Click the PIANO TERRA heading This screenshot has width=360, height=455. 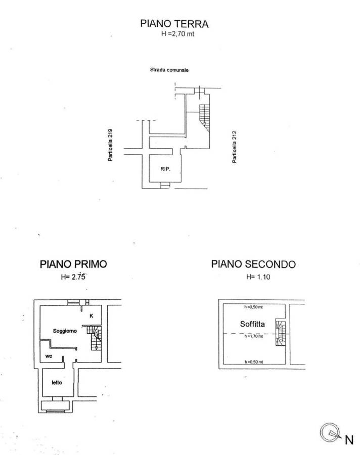[174, 23]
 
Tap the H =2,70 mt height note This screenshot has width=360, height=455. [177, 34]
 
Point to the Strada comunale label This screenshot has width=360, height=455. [169, 70]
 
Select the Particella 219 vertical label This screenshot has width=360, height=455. [110, 145]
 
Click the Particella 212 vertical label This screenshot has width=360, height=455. [234, 147]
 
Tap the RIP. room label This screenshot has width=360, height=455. [165, 169]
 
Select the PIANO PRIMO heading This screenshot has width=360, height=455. [73, 264]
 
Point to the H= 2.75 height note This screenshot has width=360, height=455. [73, 277]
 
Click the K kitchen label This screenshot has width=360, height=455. [92, 315]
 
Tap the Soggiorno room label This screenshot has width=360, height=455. [65, 331]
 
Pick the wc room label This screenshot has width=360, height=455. [49, 356]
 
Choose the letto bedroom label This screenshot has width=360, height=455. [57, 383]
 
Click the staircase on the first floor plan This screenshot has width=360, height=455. [95, 338]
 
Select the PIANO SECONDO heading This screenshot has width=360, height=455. [253, 264]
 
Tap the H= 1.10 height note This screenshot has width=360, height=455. [258, 277]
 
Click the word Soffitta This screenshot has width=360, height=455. [252, 324]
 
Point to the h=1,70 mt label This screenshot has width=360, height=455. [254, 336]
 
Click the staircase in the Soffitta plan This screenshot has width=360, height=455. [281, 333]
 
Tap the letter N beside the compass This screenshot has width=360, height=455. [349, 440]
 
